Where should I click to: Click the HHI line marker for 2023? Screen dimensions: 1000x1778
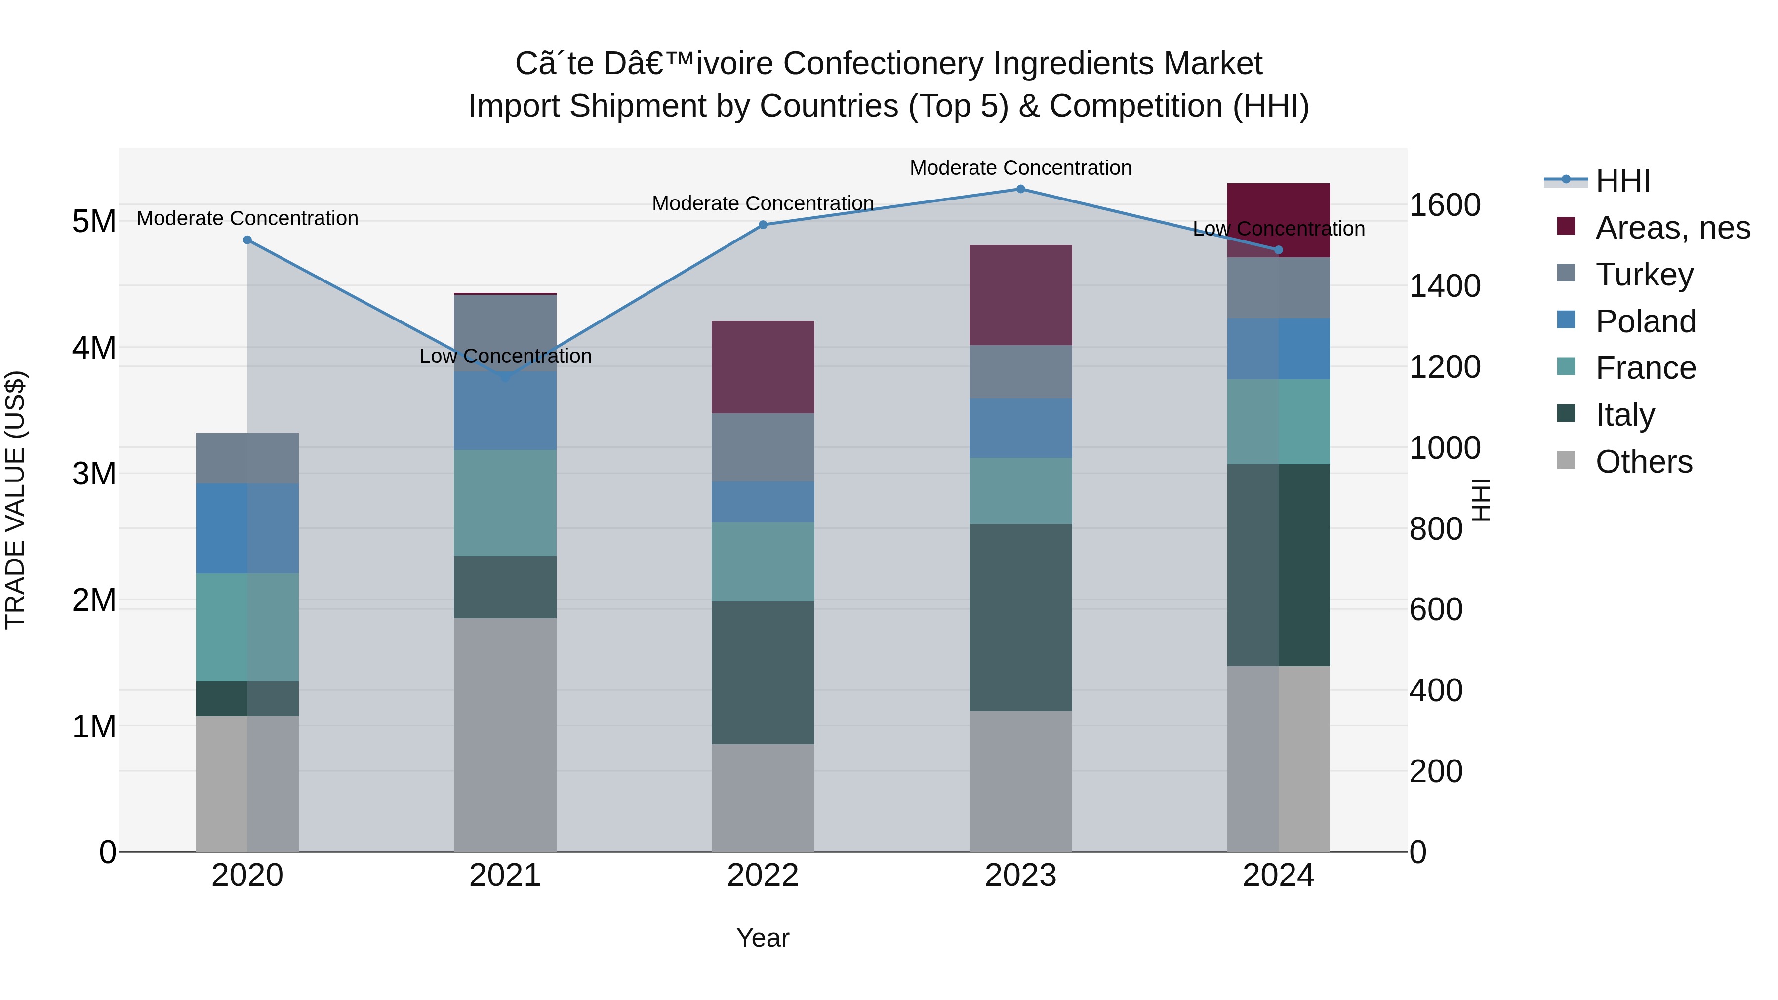click(x=1020, y=189)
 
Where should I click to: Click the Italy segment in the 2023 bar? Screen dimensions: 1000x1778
click(x=1020, y=618)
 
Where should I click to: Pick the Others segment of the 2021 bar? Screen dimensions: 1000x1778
click(x=505, y=735)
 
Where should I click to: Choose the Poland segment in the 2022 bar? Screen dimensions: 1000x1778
click(x=763, y=502)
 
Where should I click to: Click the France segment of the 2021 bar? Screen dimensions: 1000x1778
click(x=505, y=503)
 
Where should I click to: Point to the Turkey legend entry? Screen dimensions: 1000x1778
click(x=1644, y=275)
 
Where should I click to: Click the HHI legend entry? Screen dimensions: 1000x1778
click(x=1622, y=181)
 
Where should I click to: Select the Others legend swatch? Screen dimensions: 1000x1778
click(x=1566, y=460)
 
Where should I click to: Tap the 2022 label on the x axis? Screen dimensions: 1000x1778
click(x=763, y=876)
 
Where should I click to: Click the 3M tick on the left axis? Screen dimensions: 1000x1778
click(x=94, y=474)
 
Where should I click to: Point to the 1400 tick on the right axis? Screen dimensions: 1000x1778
click(x=1444, y=286)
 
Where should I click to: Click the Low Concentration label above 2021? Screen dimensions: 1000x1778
click(x=505, y=356)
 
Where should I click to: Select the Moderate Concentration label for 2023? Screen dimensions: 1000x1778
click(x=1020, y=168)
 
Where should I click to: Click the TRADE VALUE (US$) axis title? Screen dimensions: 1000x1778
click(x=15, y=500)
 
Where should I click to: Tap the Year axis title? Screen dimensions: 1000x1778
click(x=763, y=938)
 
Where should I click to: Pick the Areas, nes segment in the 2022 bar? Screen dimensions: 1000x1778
click(x=763, y=367)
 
